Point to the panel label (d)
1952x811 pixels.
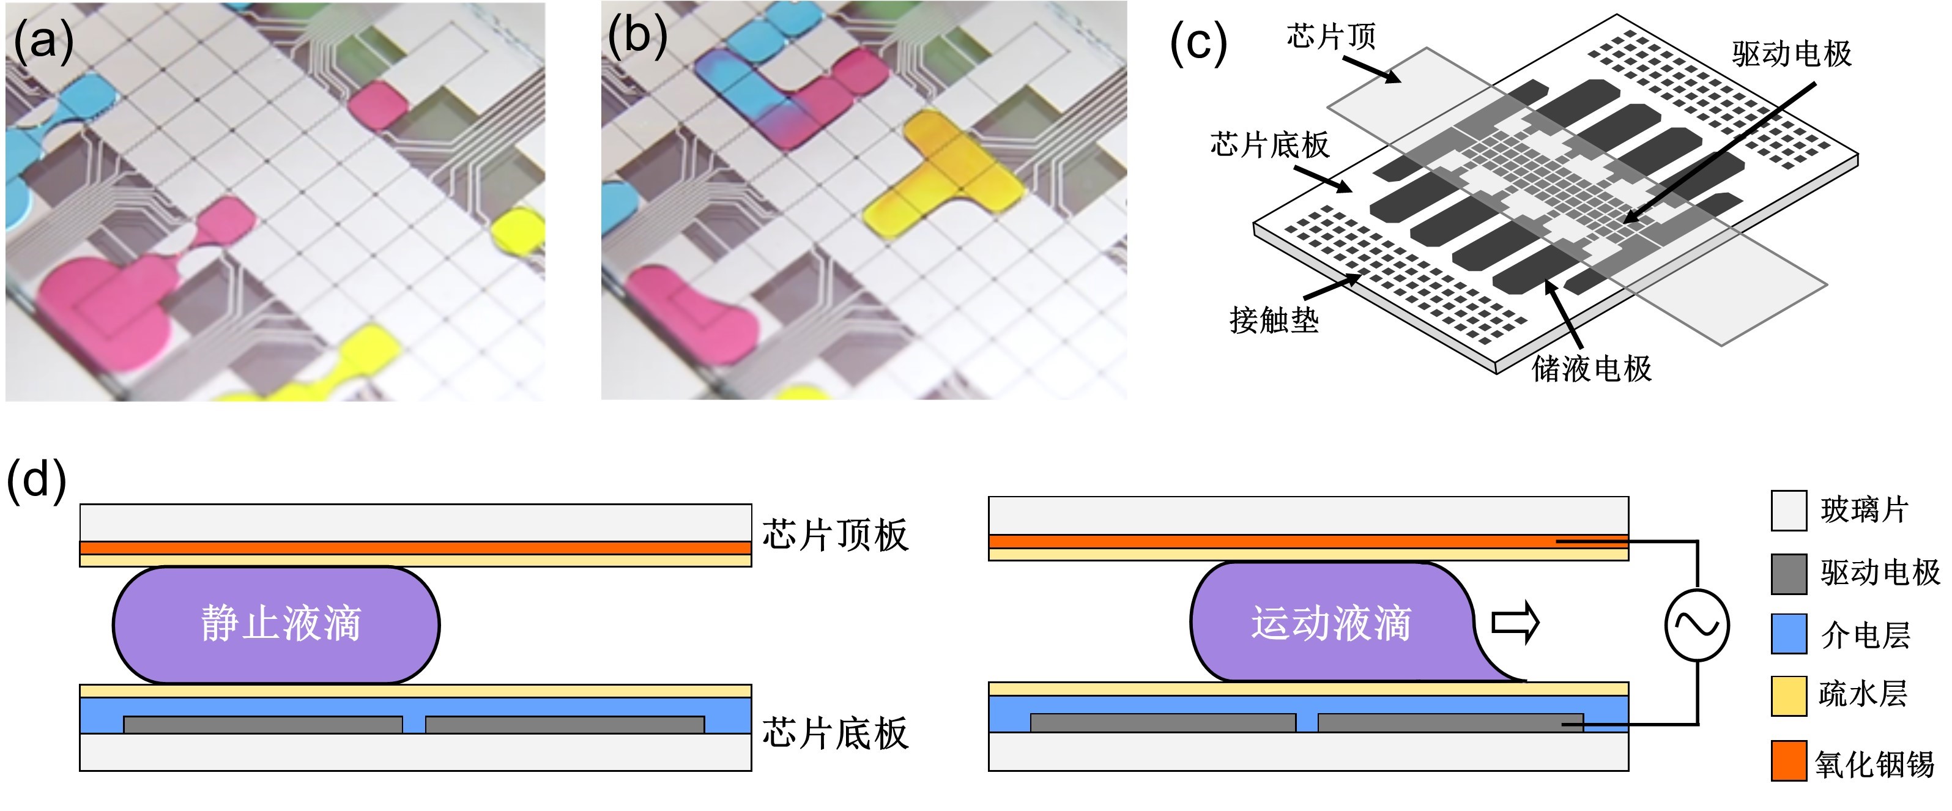coord(36,481)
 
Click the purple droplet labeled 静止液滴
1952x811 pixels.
coord(276,624)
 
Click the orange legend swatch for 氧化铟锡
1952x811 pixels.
coord(1788,760)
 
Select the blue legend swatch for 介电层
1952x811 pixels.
coord(1788,634)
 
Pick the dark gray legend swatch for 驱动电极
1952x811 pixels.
coord(1788,574)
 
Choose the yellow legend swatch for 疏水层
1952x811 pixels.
coord(1788,696)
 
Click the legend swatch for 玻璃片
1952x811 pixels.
coord(1788,510)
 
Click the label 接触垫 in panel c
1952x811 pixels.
coord(1274,320)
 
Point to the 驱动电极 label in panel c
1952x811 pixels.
coord(1791,54)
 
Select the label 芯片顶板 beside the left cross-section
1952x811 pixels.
coord(834,535)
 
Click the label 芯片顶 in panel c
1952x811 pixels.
coord(1330,35)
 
